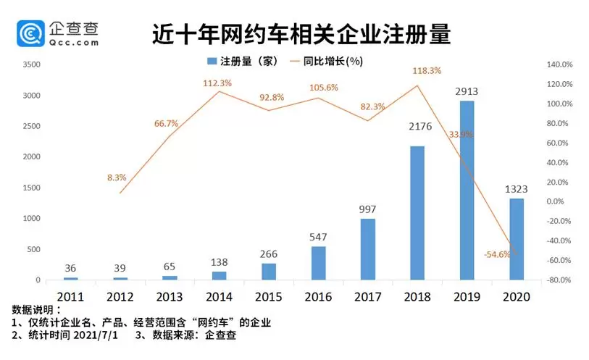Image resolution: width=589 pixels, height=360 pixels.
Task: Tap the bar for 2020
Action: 516,239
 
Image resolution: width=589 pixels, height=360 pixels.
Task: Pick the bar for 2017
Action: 367,248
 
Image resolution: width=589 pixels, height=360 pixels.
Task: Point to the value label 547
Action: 319,236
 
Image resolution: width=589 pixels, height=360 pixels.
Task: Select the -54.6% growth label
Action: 498,254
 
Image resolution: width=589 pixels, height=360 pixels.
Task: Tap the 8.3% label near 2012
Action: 117,177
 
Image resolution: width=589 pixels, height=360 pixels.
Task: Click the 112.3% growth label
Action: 217,83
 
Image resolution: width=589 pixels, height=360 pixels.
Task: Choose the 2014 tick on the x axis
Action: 219,298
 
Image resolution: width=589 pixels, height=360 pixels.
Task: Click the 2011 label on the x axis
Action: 70,298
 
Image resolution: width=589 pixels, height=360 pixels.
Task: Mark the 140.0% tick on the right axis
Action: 559,65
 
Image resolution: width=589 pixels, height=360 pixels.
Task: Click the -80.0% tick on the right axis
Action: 559,280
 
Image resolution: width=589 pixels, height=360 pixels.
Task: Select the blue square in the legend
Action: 214,62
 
